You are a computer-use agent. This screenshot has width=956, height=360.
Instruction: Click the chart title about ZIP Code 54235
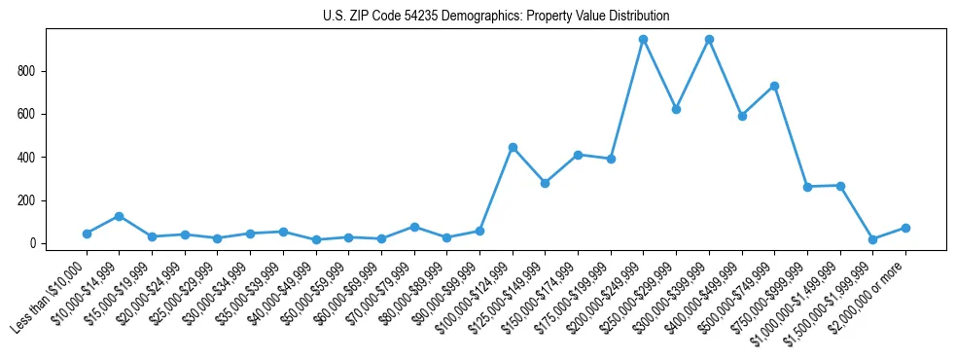point(496,17)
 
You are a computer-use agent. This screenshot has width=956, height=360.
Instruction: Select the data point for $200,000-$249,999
point(643,40)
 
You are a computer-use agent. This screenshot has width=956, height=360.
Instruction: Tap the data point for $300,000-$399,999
point(709,40)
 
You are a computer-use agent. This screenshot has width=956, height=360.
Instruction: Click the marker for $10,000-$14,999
point(119,216)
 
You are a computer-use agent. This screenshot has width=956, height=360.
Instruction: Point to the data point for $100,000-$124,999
point(513,147)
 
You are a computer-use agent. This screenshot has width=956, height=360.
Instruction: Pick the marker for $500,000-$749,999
point(774,86)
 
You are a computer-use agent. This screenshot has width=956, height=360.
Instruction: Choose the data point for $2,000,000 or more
point(905,228)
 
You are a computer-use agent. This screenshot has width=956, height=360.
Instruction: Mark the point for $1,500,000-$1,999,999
point(872,239)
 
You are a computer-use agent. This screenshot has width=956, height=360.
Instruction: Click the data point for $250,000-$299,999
point(676,109)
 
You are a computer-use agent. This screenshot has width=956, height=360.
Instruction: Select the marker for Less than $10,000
point(87,234)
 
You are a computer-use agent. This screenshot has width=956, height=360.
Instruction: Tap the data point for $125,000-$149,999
point(545,183)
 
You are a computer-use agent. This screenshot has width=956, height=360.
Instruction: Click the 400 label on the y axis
point(33,158)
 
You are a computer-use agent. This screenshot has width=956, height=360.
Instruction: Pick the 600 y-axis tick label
point(33,114)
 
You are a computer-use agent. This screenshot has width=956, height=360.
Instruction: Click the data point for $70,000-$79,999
point(414,227)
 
